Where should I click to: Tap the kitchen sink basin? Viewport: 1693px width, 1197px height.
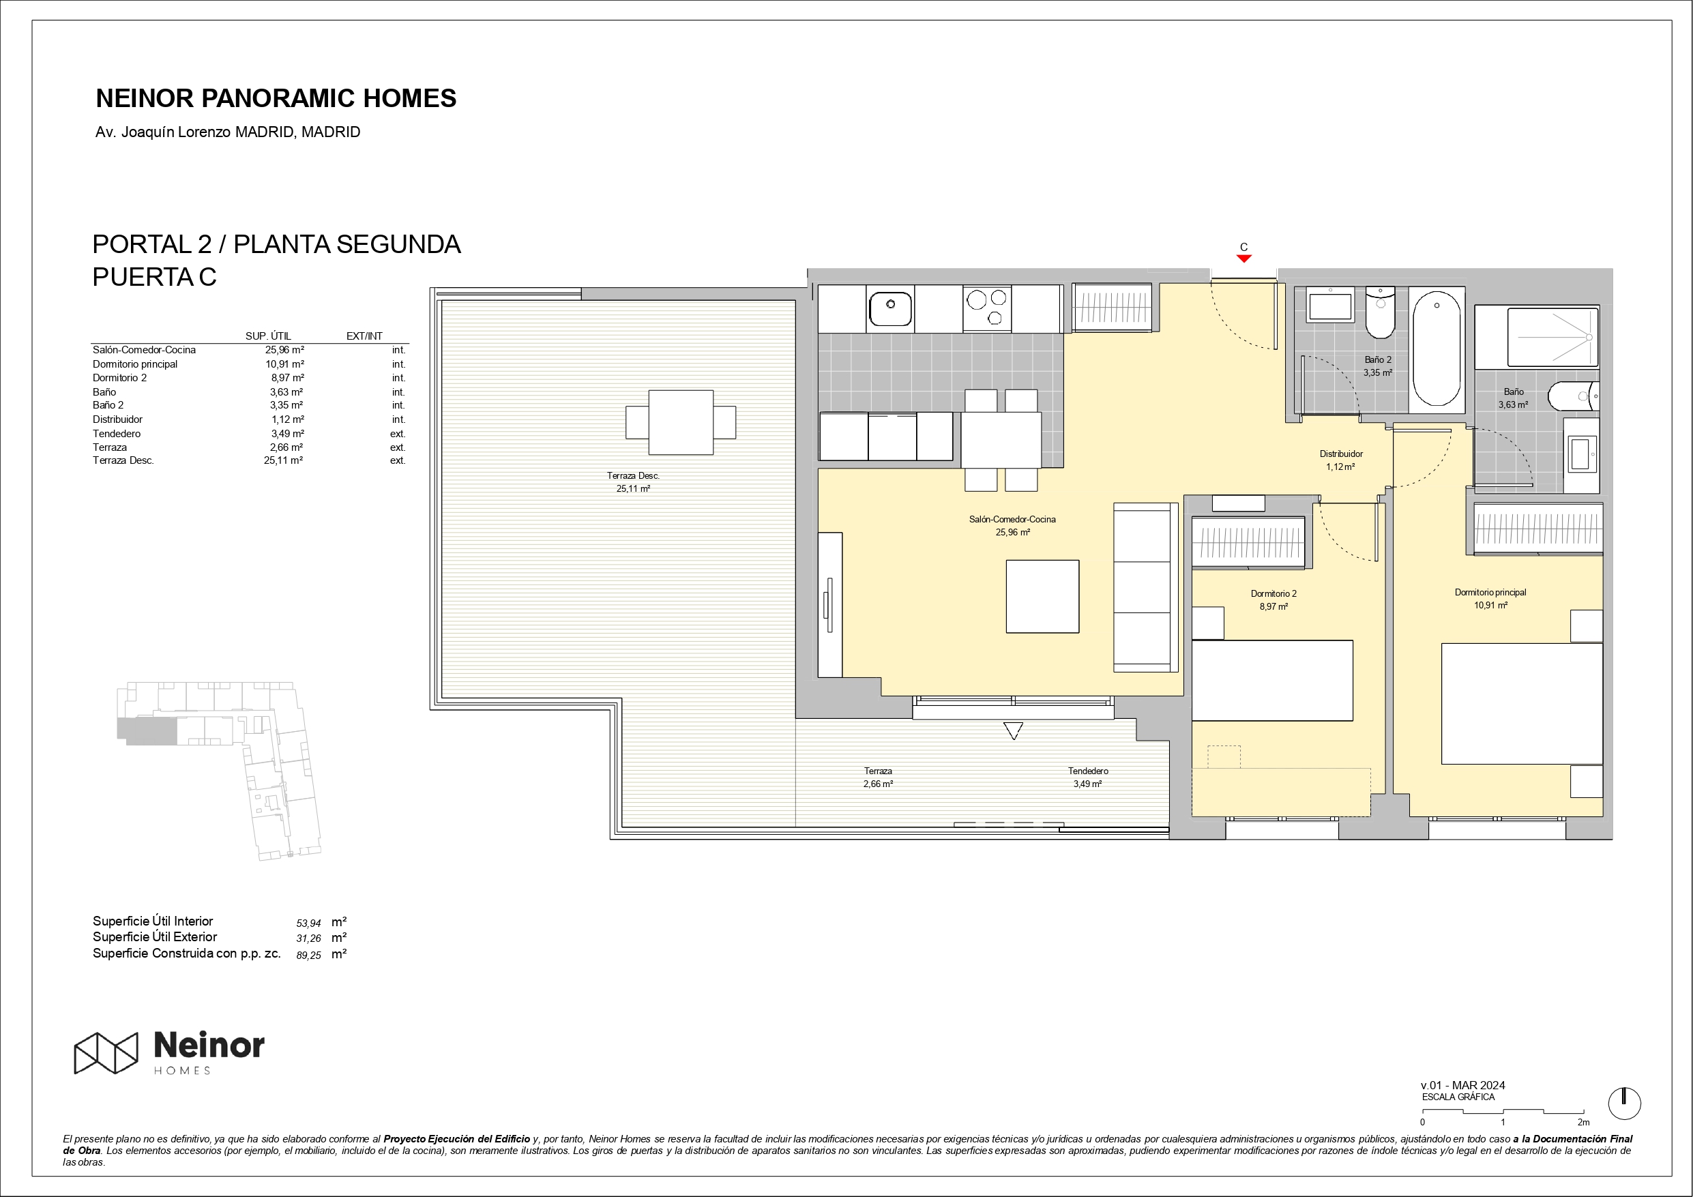[x=891, y=308]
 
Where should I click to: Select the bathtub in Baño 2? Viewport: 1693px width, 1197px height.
[x=1437, y=348]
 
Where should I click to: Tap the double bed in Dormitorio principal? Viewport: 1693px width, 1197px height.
[x=1522, y=704]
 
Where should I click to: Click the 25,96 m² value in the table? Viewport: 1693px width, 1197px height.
[x=284, y=350]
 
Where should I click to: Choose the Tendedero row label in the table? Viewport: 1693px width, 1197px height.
[x=117, y=434]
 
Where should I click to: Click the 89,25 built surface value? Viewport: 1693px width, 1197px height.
[x=309, y=955]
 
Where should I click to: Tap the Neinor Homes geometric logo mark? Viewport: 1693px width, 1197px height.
[x=106, y=1052]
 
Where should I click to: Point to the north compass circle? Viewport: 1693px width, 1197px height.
[x=1624, y=1104]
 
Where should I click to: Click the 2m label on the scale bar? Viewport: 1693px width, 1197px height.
[x=1583, y=1122]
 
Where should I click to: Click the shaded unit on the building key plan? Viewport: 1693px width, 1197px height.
[x=147, y=730]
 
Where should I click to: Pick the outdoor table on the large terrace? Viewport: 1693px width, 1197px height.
[x=681, y=423]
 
